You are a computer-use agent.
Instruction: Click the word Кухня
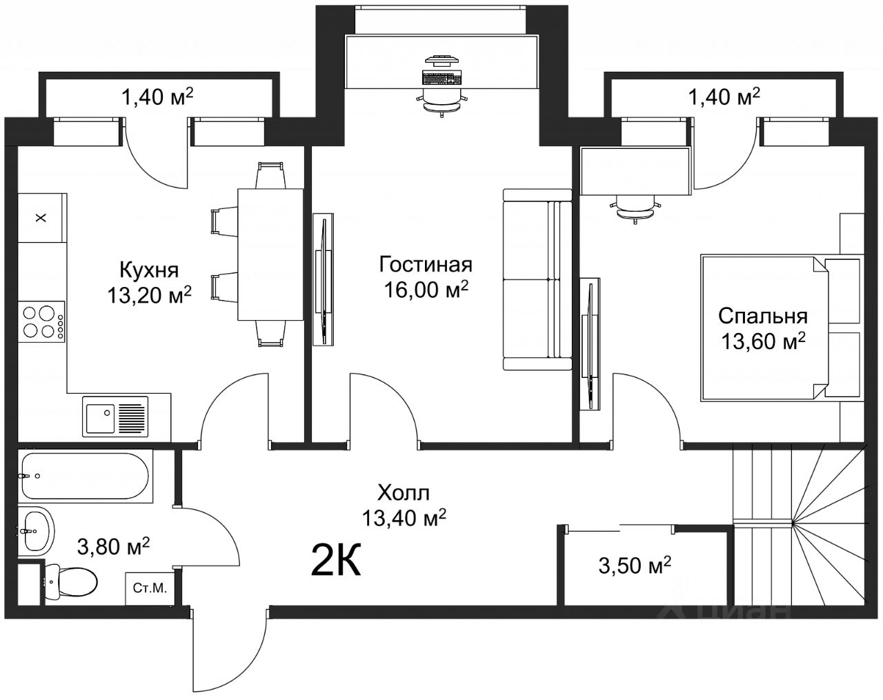[149, 270]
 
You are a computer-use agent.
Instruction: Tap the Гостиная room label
[426, 265]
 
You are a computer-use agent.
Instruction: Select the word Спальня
[763, 316]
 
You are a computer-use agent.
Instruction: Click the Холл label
[404, 493]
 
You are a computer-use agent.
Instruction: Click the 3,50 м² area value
[635, 565]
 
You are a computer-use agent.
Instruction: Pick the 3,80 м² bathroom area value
[113, 546]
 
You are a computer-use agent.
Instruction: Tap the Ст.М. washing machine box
[150, 588]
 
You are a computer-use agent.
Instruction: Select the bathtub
[86, 476]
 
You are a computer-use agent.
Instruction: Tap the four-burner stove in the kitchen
[41, 322]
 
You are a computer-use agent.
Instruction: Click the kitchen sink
[115, 416]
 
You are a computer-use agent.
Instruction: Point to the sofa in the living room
[537, 279]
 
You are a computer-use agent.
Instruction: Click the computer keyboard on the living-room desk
[441, 77]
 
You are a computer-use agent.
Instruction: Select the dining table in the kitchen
[270, 254]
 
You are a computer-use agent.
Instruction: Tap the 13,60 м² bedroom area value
[763, 341]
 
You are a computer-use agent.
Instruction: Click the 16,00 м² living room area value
[426, 290]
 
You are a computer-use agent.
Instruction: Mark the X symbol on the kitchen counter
[41, 218]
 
